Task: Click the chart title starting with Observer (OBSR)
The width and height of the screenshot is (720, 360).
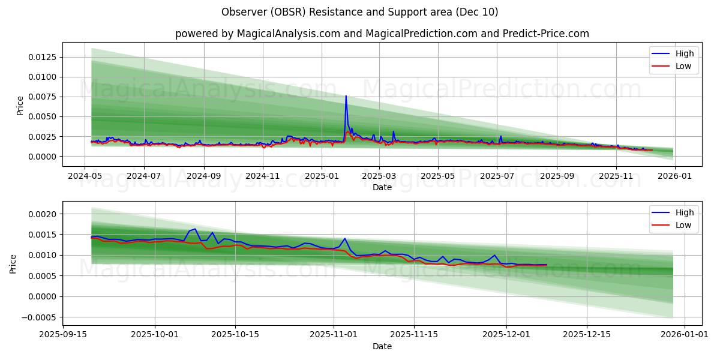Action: tap(359, 12)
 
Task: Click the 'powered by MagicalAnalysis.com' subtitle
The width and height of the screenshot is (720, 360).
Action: tap(382, 34)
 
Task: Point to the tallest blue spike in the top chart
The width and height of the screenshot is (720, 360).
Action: tap(346, 96)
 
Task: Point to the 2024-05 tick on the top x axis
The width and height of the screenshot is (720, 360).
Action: tap(85, 176)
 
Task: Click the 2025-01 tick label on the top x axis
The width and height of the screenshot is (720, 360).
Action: tap(321, 176)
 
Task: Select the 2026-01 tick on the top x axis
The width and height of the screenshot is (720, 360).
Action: tap(675, 176)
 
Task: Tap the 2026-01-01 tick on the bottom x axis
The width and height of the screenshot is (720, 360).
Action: tap(683, 335)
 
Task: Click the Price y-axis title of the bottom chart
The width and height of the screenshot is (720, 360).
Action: tap(13, 264)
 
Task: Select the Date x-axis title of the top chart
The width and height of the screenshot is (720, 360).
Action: tap(382, 187)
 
